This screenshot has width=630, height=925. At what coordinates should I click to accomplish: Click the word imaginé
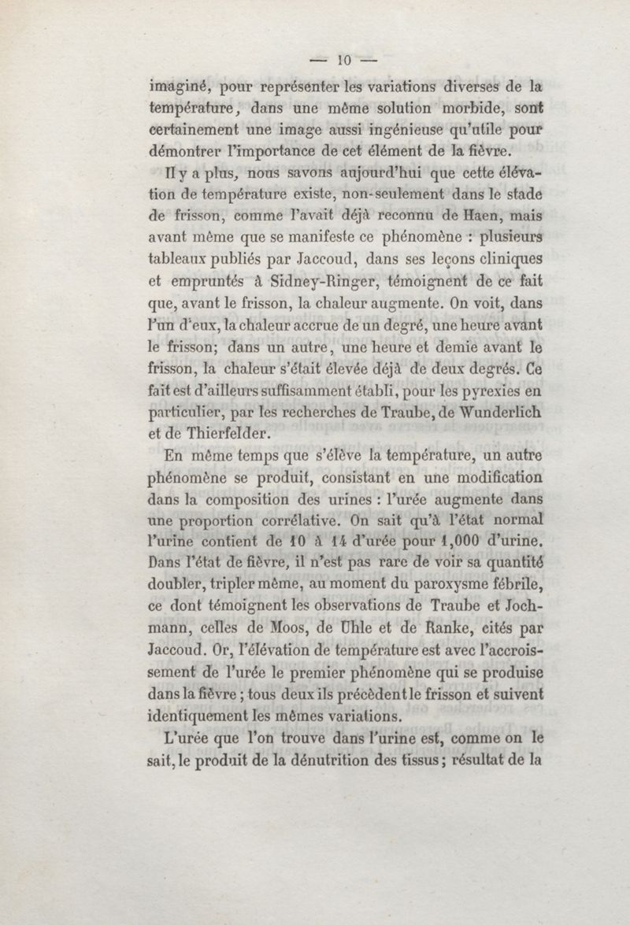pos(183,87)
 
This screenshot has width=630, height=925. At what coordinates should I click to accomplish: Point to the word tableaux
pos(182,258)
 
